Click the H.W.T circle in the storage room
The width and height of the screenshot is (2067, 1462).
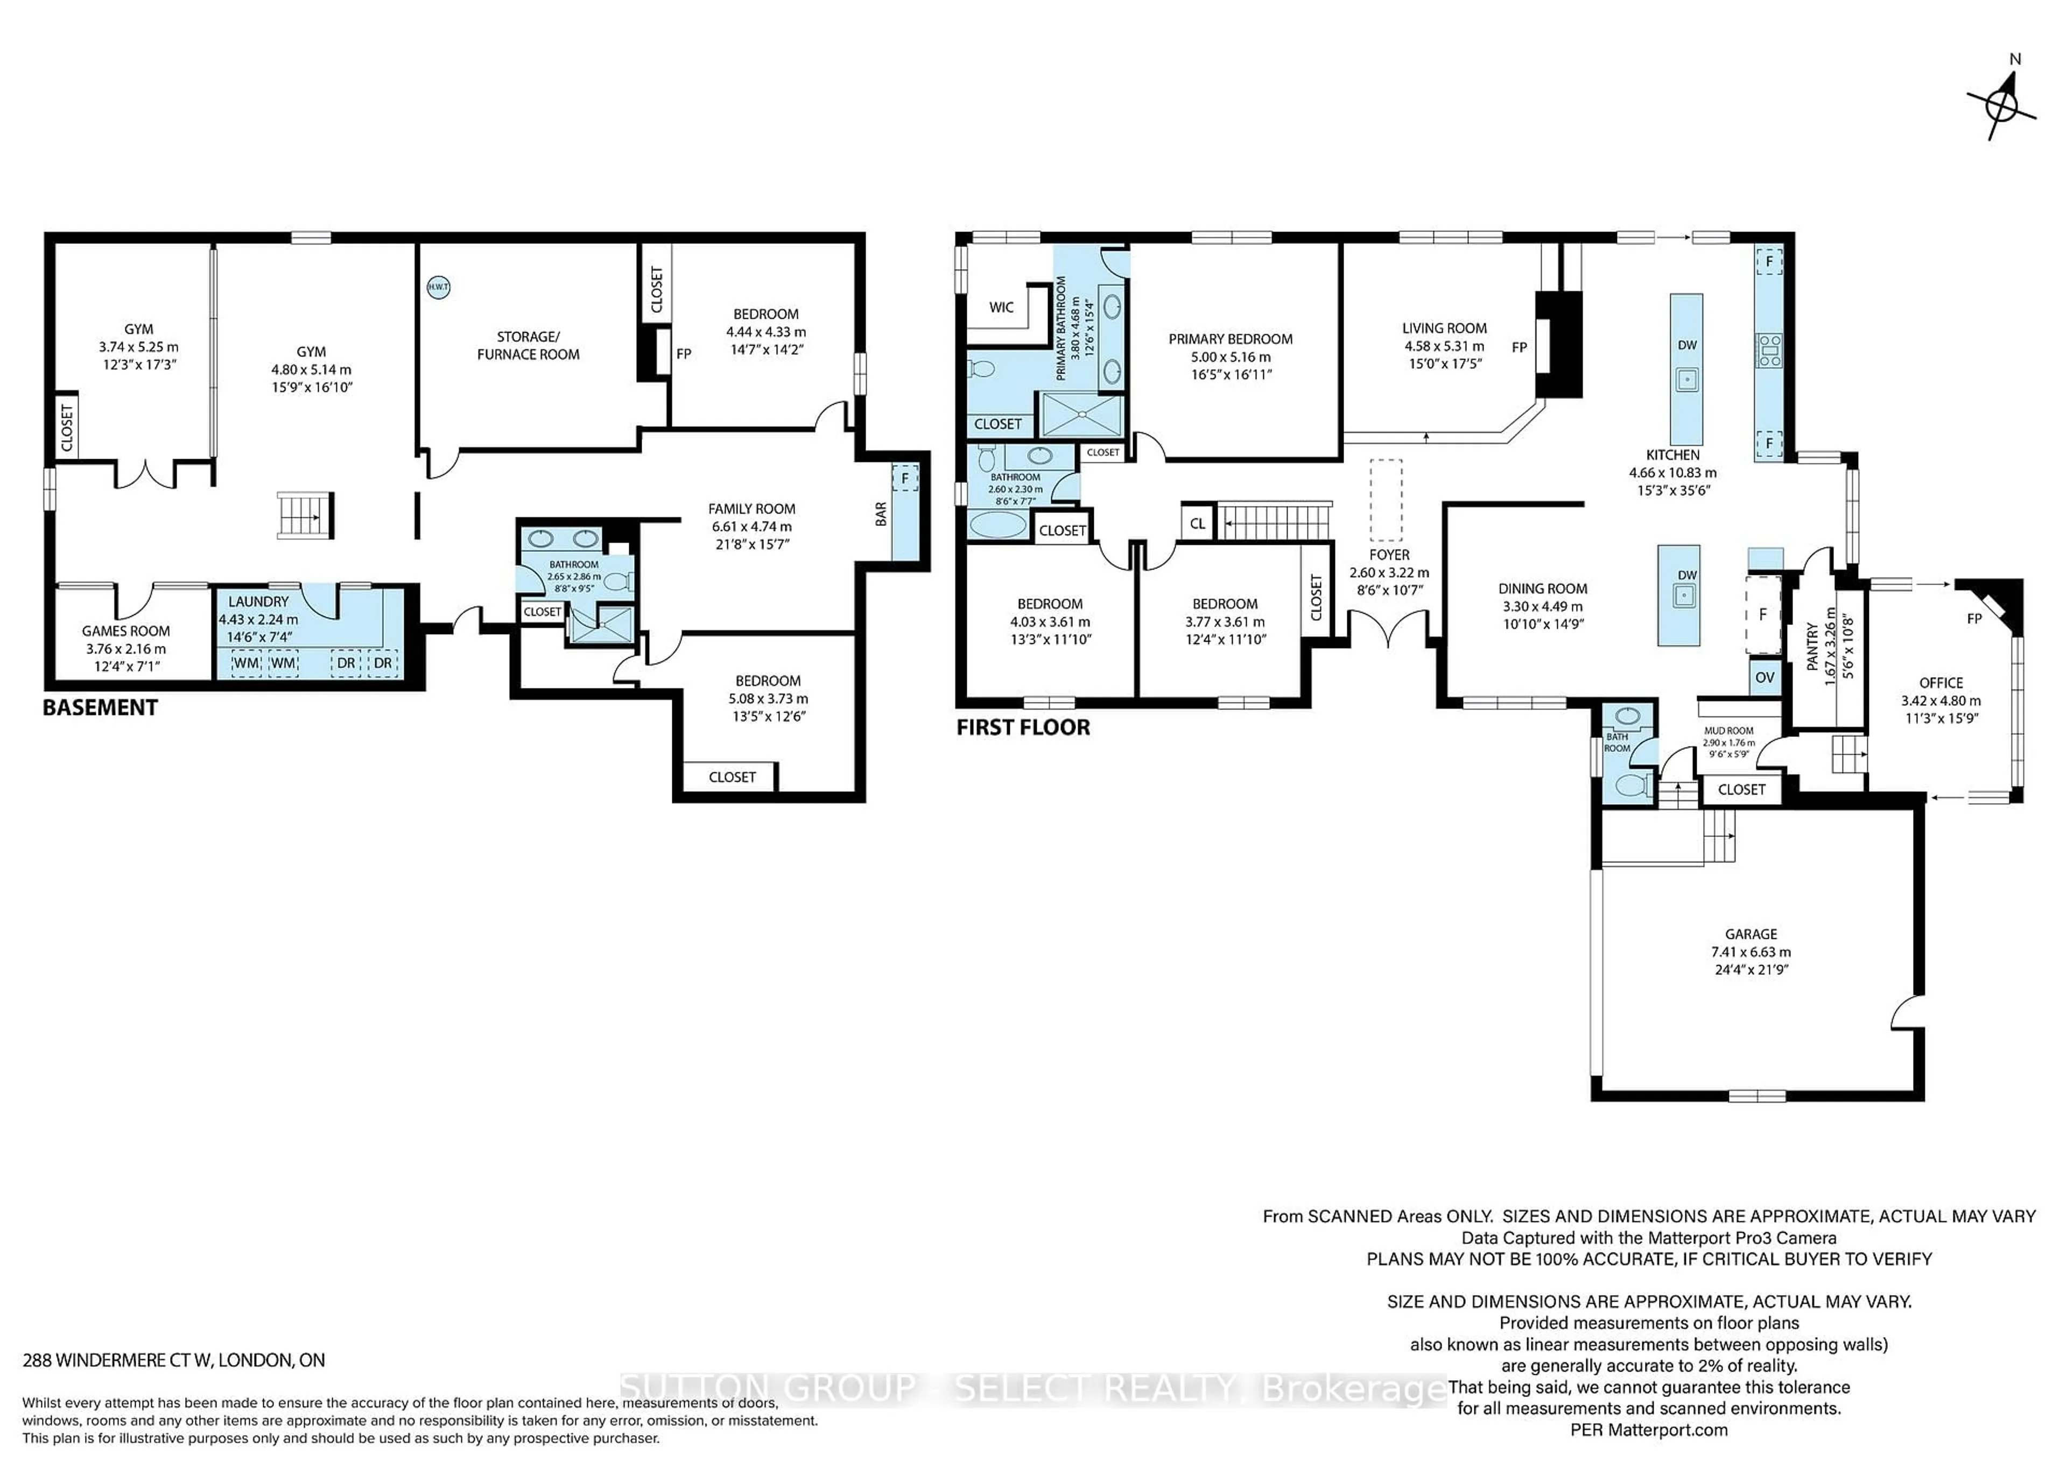pyautogui.click(x=438, y=287)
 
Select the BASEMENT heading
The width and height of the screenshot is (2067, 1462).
pyautogui.click(x=100, y=708)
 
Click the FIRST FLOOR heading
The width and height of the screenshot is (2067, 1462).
pyautogui.click(x=1023, y=727)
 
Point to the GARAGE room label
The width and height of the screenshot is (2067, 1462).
pyautogui.click(x=1751, y=934)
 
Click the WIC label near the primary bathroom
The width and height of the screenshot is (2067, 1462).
pyautogui.click(x=1001, y=307)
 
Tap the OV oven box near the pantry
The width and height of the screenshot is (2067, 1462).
pyautogui.click(x=1764, y=678)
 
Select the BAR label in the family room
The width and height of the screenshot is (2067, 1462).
pyautogui.click(x=881, y=514)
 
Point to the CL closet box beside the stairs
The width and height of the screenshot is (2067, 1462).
pyautogui.click(x=1197, y=523)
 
